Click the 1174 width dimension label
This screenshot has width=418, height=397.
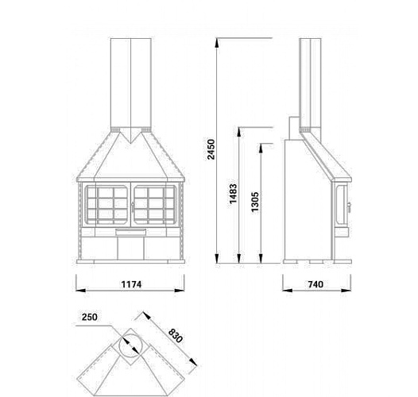[x=131, y=284]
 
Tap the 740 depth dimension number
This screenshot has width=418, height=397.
[x=315, y=284]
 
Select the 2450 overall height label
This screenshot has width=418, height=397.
[x=211, y=149]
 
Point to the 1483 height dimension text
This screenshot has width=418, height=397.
[x=233, y=194]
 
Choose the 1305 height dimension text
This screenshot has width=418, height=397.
[x=254, y=202]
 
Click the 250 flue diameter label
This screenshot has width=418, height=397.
[x=90, y=317]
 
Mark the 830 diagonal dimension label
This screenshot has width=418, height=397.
[x=176, y=336]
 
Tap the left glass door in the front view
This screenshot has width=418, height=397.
[x=106, y=205]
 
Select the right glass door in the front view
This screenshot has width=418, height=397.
[x=155, y=205]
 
